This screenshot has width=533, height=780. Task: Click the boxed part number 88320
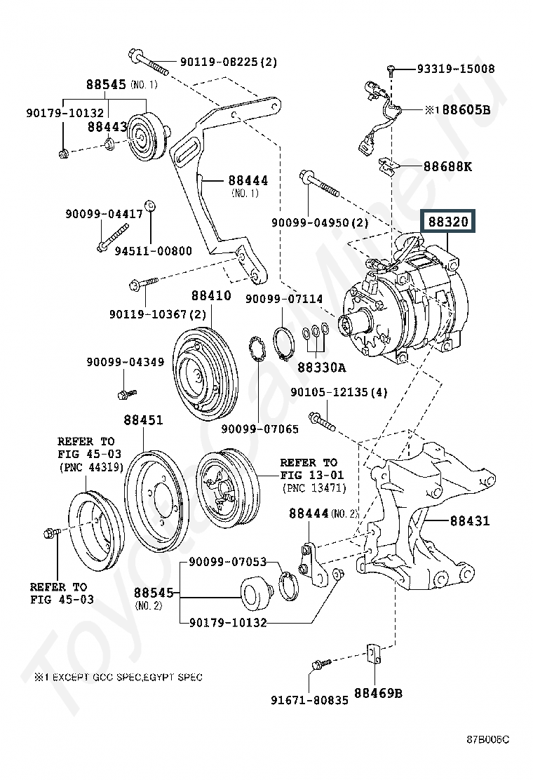tap(448, 222)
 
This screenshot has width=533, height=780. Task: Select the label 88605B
tap(466, 109)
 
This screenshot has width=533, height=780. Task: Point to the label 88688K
tap(447, 166)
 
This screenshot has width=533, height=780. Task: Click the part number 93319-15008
tap(456, 69)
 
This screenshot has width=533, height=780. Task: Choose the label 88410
tap(211, 295)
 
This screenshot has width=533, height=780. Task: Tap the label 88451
tap(143, 420)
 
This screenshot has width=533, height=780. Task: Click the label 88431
tap(470, 521)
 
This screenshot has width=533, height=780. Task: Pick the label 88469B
tap(378, 692)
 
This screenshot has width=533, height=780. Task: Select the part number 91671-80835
tap(309, 701)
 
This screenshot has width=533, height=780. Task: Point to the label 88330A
tap(322, 368)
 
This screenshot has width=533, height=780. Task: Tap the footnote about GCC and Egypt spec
tap(119, 676)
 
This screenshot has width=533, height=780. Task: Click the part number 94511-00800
tap(153, 250)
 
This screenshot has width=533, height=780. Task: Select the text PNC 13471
tap(313, 488)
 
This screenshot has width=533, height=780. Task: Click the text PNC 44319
tap(90, 467)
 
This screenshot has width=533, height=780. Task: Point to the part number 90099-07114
tap(284, 299)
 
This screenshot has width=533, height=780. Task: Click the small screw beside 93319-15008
tap(391, 70)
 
